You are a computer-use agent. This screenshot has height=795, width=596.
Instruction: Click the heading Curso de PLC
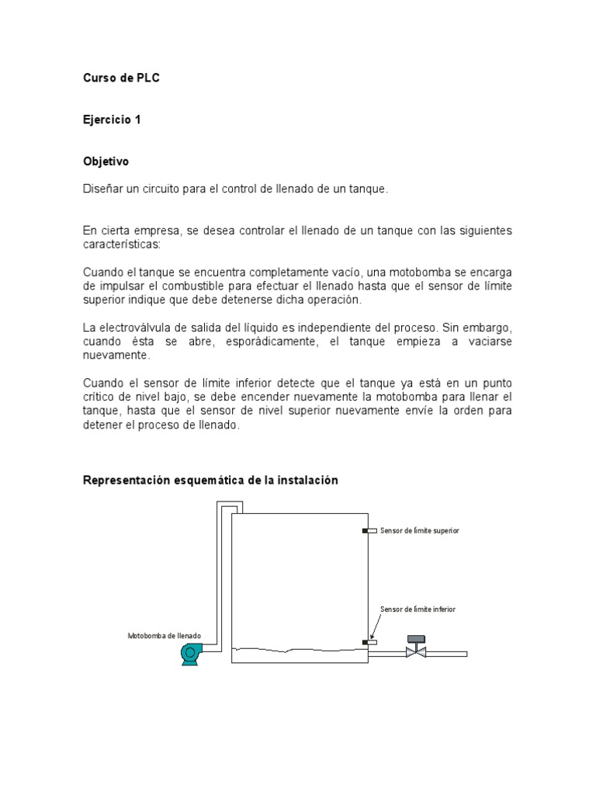click(121, 78)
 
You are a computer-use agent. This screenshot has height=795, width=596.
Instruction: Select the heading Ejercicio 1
click(112, 120)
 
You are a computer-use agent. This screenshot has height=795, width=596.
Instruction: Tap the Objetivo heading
click(106, 161)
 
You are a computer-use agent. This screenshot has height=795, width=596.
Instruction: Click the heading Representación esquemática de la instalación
click(210, 481)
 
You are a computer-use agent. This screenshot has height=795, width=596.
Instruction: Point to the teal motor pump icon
click(190, 654)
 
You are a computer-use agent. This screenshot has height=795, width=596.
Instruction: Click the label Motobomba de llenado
click(165, 636)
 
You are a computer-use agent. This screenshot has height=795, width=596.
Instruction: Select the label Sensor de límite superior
click(420, 530)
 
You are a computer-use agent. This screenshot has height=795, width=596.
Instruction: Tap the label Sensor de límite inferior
click(418, 609)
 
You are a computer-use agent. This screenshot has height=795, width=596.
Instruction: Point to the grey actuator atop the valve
click(416, 639)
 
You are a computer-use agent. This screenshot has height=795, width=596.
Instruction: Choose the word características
click(120, 244)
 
